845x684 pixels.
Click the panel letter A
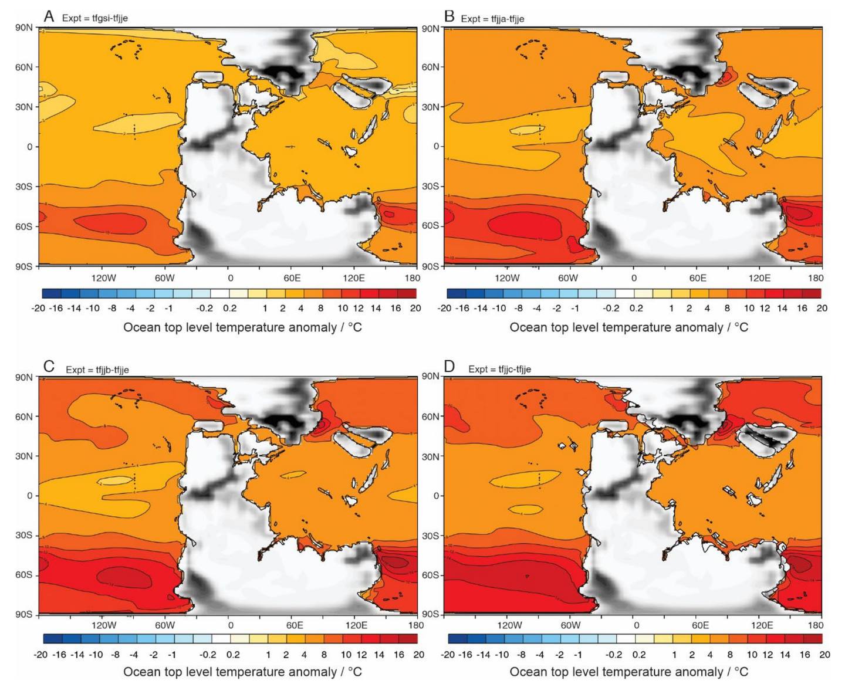coord(49,16)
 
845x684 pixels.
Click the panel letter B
coord(449,16)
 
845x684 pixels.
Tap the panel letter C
coord(49,367)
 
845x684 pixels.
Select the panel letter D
coord(449,367)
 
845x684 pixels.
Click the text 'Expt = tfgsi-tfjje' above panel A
coord(94,18)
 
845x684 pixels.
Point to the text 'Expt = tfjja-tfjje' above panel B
coord(492,19)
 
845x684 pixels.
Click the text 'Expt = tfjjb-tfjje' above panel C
coord(97,370)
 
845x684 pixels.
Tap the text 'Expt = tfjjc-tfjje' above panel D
coord(499,369)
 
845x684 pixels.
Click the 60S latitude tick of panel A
coord(23,226)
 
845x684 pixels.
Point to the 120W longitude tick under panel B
coord(507,278)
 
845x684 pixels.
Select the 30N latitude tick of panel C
coord(23,456)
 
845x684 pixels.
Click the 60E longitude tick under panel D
coord(700,625)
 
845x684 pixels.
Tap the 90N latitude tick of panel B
coord(431,28)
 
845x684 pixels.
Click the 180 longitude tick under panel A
coord(413,278)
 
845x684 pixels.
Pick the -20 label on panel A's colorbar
coord(38,308)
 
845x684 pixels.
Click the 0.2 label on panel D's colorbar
coord(639,655)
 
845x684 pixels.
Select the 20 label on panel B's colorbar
coord(822,308)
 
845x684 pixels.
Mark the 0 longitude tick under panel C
coord(231,625)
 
